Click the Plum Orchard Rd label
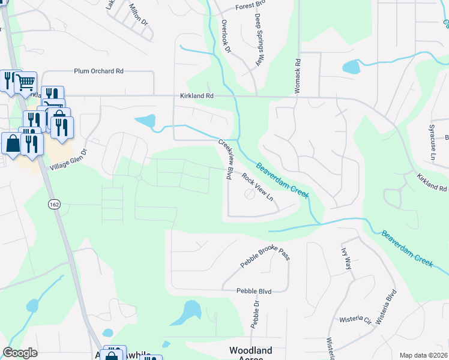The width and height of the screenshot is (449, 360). coord(98,71)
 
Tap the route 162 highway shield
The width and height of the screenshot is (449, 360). coord(53,204)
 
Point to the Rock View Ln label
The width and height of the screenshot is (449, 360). coord(258,187)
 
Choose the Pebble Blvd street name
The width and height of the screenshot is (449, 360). coord(254,291)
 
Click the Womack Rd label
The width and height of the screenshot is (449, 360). coord(297,75)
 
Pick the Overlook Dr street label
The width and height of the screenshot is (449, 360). coord(226,37)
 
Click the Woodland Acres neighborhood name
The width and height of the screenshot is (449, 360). coord(250,354)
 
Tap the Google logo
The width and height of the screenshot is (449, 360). coord(20,353)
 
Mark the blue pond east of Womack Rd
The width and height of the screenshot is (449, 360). coord(351,67)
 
